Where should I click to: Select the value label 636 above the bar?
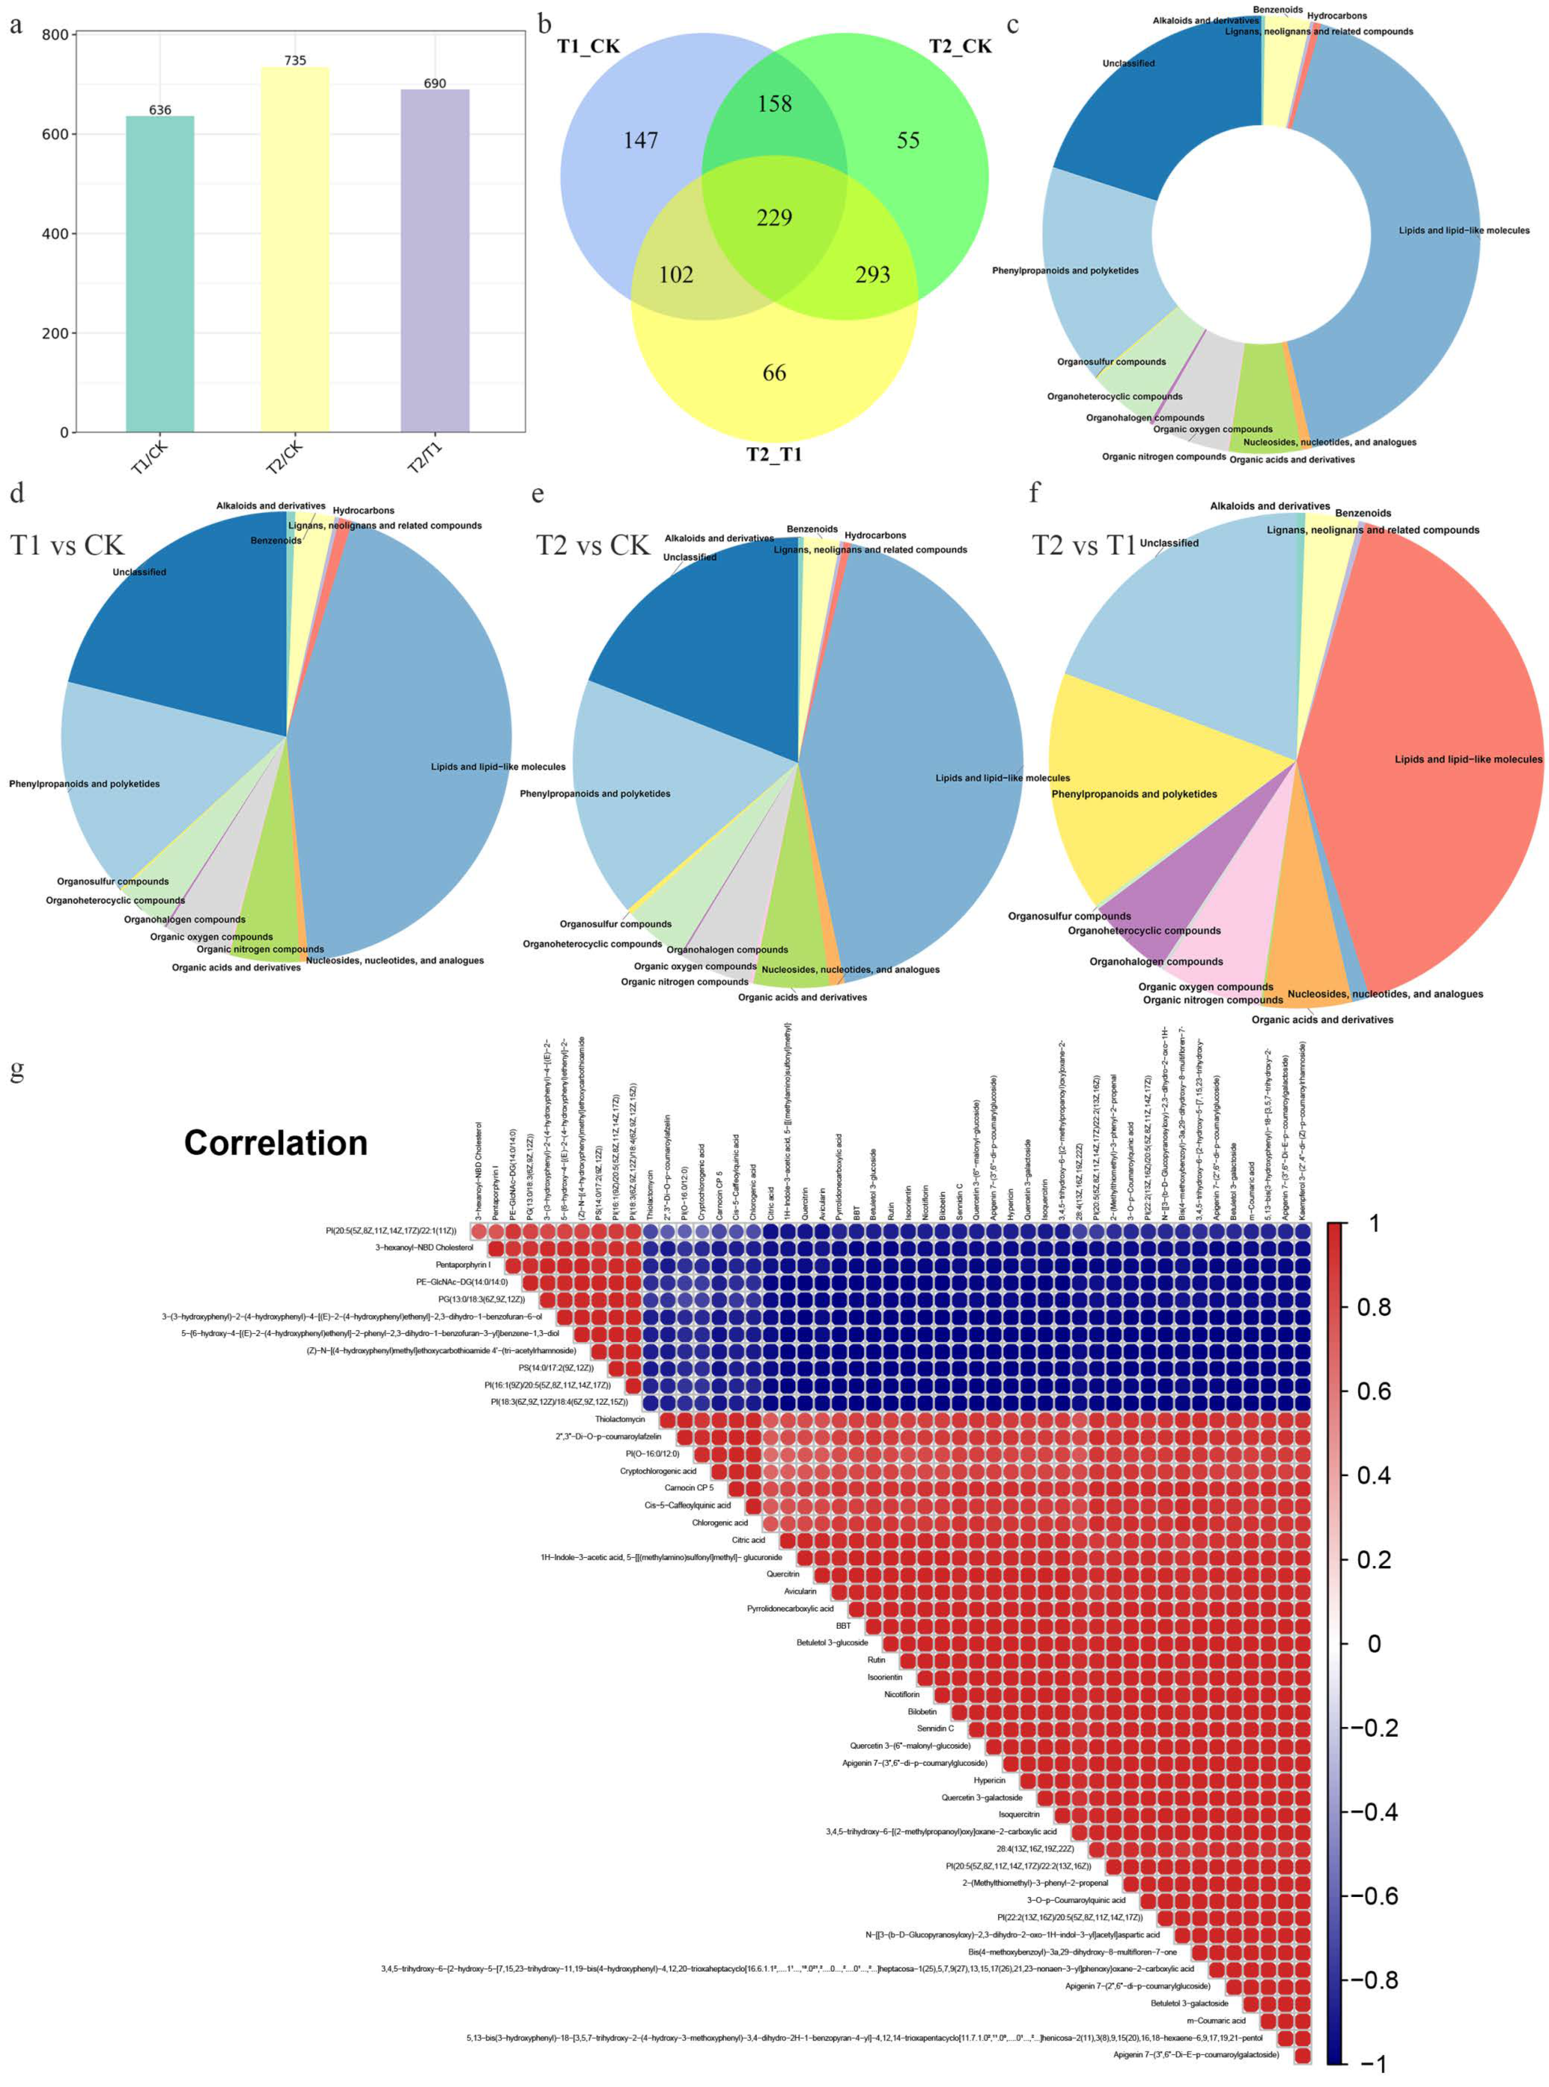tap(160, 110)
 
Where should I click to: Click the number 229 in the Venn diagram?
tap(774, 218)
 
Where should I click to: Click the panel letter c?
tap(1013, 24)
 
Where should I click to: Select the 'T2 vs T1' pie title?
tap(1084, 545)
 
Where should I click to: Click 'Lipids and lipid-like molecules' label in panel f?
tap(1468, 760)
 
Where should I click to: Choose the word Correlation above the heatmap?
tap(276, 1143)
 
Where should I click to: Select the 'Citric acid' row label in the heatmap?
tap(748, 1539)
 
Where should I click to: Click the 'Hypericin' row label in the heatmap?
tap(989, 1780)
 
